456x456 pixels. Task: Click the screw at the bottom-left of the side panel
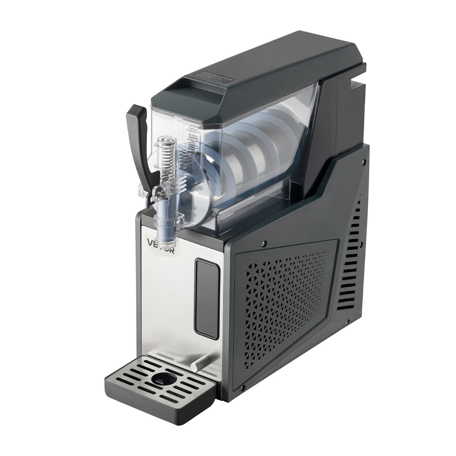pyautogui.click(x=243, y=387)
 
